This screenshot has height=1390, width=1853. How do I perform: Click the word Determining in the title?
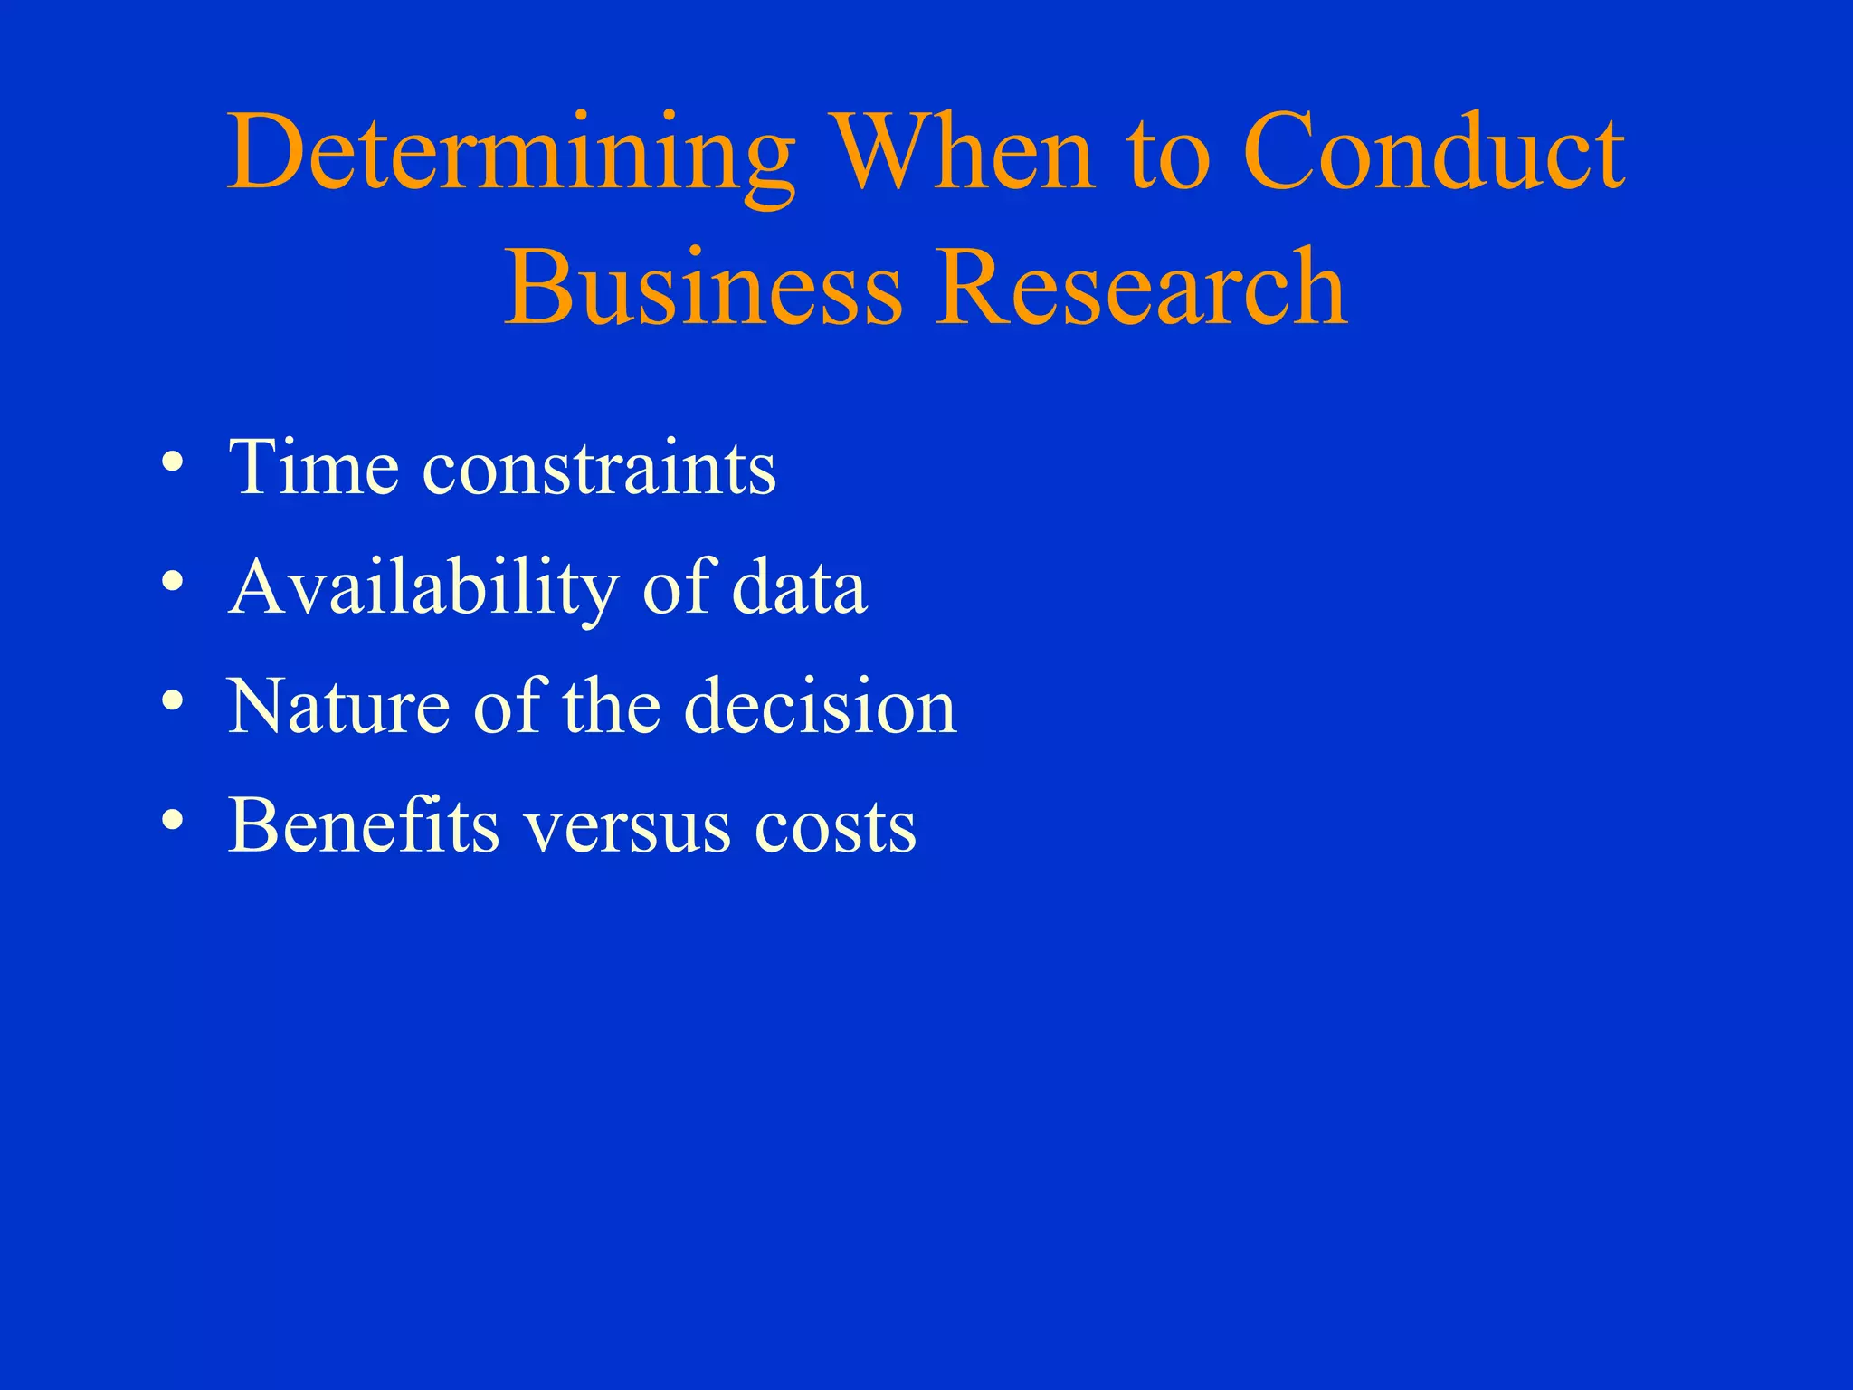pos(511,154)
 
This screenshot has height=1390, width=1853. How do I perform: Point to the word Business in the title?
pos(703,288)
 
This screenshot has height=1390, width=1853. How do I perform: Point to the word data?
pos(799,588)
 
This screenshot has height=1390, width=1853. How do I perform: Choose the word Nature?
pos(338,707)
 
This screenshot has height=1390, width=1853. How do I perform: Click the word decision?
pos(820,707)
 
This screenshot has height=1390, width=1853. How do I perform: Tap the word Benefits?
pos(363,825)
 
